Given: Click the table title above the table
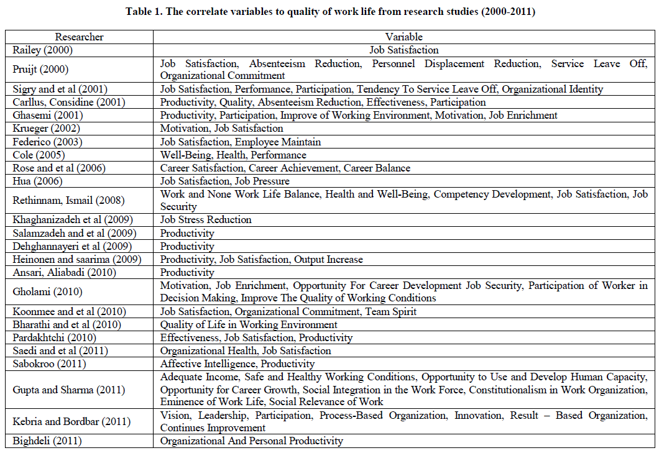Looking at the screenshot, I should click(329, 12).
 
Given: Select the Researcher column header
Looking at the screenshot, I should click(79, 37).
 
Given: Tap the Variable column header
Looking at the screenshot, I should click(403, 37).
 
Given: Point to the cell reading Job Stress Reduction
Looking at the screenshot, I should click(206, 220).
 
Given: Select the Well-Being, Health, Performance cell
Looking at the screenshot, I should click(233, 155).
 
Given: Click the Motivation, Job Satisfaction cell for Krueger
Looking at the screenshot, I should click(221, 129).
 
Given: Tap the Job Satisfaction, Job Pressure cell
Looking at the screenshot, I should click(224, 181).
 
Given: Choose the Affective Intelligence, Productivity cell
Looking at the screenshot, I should click(237, 364).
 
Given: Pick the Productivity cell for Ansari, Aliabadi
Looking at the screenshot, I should click(187, 272).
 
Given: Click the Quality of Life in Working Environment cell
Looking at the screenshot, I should click(249, 324).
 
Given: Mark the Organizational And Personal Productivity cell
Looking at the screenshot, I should click(251, 441).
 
